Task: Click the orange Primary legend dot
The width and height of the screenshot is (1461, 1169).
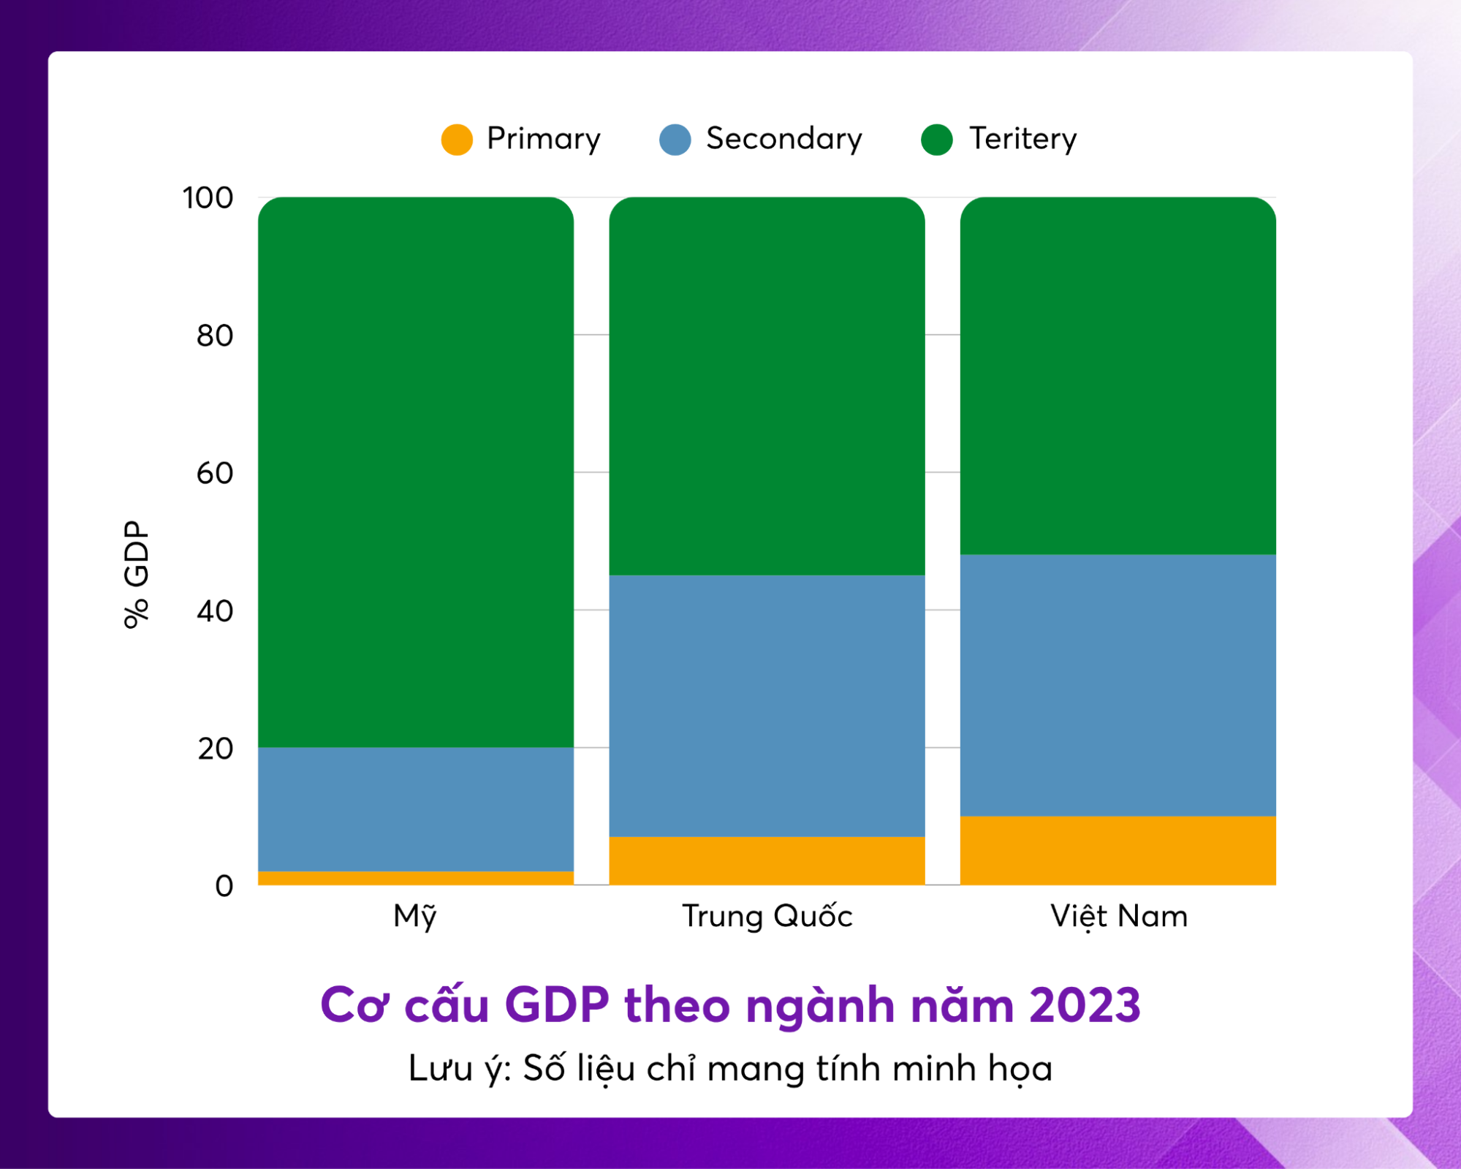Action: pyautogui.click(x=457, y=140)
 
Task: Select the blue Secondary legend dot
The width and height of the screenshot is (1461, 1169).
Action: pyautogui.click(x=675, y=140)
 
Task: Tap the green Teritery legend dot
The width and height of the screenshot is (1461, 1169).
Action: pyautogui.click(x=936, y=140)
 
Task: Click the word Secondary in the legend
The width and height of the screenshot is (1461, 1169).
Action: pyautogui.click(x=783, y=139)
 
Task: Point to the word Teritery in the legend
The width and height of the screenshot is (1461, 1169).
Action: pyautogui.click(x=1022, y=139)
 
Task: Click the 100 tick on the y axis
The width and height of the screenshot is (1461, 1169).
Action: pyautogui.click(x=208, y=198)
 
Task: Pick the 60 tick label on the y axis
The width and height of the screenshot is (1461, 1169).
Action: pyautogui.click(x=214, y=474)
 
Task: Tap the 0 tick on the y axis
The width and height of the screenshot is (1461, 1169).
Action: pyautogui.click(x=224, y=886)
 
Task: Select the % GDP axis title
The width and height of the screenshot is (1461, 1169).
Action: pyautogui.click(x=137, y=574)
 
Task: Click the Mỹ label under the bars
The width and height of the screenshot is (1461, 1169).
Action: pyautogui.click(x=415, y=916)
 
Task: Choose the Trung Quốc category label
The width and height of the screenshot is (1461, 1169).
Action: pyautogui.click(x=767, y=916)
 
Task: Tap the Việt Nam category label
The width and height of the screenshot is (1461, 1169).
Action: pyautogui.click(x=1118, y=916)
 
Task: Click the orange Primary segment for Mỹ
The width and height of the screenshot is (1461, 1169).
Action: pyautogui.click(x=415, y=878)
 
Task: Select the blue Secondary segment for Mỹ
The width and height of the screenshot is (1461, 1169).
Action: pyautogui.click(x=415, y=809)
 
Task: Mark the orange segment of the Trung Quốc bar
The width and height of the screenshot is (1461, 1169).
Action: pyautogui.click(x=767, y=860)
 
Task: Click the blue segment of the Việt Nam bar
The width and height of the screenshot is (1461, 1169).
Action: pyautogui.click(x=1117, y=685)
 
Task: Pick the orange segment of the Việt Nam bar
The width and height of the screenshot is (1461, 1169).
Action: pyautogui.click(x=1117, y=850)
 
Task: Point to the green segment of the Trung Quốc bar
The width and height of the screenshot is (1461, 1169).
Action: pyautogui.click(x=767, y=386)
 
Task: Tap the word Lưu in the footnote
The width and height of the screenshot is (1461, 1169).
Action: pyautogui.click(x=441, y=1069)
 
